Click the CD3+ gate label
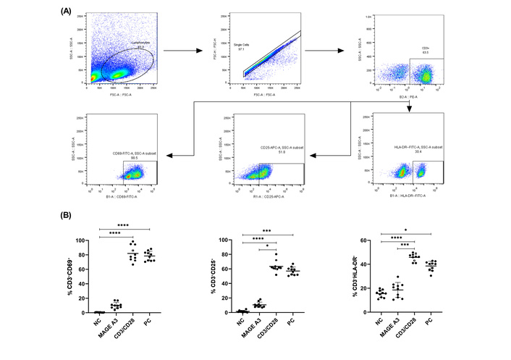pos(426,49)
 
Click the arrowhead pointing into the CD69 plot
pos(168,154)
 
